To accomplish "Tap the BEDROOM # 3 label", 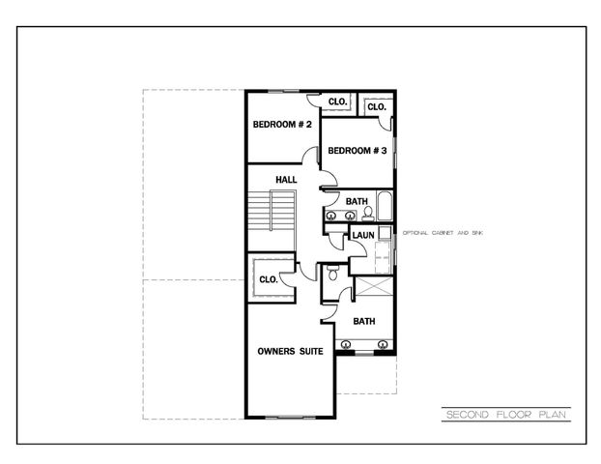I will click(357, 151).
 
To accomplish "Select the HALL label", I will click(286, 180).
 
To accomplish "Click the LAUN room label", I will click(363, 235).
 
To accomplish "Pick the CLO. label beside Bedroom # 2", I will click(337, 101).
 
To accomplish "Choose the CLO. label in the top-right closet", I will click(376, 106).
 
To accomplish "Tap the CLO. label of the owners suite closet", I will click(268, 279).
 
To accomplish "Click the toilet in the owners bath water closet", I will click(332, 274).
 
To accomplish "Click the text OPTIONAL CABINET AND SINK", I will click(448, 235).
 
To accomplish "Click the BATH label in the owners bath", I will click(363, 321).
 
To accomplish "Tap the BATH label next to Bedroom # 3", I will click(357, 201).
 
